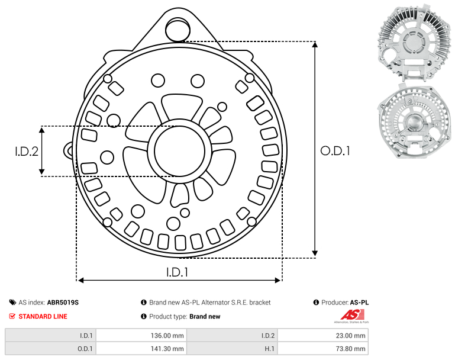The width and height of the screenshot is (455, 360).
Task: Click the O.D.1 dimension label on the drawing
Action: [335, 151]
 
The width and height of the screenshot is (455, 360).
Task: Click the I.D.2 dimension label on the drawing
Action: [27, 152]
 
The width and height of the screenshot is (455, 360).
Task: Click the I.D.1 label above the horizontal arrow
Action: [177, 272]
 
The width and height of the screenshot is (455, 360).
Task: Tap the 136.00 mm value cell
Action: [141, 336]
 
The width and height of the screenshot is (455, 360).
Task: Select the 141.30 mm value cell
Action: [141, 349]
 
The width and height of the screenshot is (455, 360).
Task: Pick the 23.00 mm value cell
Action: [322, 336]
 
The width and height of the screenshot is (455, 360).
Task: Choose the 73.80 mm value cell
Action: [322, 349]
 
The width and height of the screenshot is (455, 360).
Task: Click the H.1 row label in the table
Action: [270, 349]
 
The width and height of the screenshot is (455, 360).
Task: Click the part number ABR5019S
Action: [63, 303]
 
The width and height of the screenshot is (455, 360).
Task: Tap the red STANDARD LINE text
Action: [43, 316]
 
